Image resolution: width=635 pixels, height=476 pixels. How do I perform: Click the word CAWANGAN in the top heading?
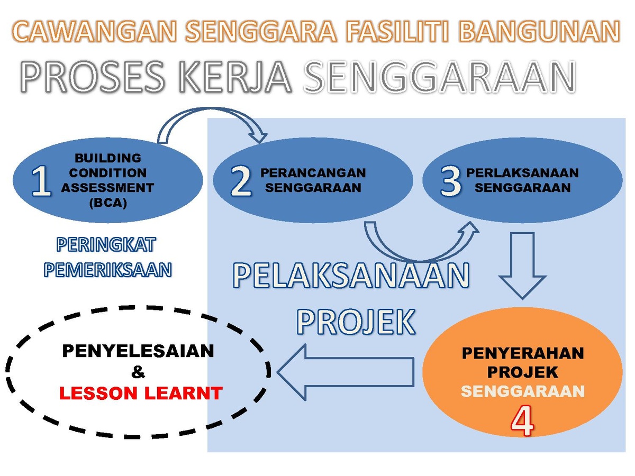[94, 31]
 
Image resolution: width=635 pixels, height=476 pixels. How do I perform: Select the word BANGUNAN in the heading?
[540, 31]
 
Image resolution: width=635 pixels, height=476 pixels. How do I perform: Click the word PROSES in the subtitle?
[93, 77]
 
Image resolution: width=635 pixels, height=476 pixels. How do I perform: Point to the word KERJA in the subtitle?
[235, 77]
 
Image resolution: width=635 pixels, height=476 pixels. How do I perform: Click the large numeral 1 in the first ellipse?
[41, 181]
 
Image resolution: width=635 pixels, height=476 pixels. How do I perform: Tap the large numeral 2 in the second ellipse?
[241, 181]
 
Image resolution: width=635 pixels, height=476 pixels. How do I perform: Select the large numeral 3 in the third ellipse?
[450, 181]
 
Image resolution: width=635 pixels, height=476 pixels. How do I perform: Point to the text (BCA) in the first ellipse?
[108, 203]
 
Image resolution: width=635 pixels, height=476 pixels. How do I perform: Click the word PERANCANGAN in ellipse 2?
[313, 173]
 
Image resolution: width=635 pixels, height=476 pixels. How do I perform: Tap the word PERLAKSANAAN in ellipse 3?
[522, 173]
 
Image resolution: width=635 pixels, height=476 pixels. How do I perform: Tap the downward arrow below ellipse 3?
[522, 266]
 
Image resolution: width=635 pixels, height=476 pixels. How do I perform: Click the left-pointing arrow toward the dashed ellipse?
[346, 372]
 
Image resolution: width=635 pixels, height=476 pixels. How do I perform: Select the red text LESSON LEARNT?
[141, 393]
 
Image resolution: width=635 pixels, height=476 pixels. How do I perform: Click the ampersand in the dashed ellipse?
[138, 372]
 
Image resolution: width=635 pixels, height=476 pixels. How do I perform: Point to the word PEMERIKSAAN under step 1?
[107, 270]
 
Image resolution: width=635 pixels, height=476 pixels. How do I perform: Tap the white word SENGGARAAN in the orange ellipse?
[522, 391]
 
